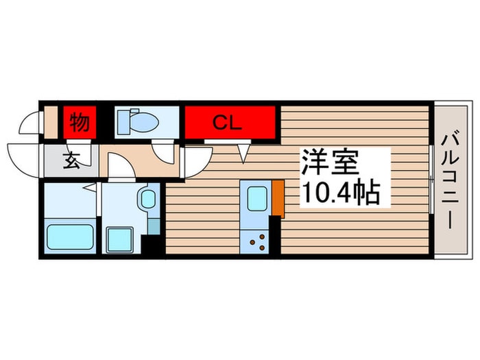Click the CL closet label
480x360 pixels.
pyautogui.click(x=226, y=123)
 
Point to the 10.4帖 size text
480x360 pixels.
pyautogui.click(x=339, y=194)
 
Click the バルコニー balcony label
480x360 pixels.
pyautogui.click(x=451, y=179)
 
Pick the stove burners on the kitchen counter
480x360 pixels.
pyautogui.click(x=259, y=240)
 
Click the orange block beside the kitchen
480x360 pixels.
pyautogui.click(x=278, y=199)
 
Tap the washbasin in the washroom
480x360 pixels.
pyautogui.click(x=147, y=200)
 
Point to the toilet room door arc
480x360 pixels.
pyautogui.click(x=163, y=152)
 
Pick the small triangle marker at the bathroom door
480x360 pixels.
pyautogui.click(x=89, y=186)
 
